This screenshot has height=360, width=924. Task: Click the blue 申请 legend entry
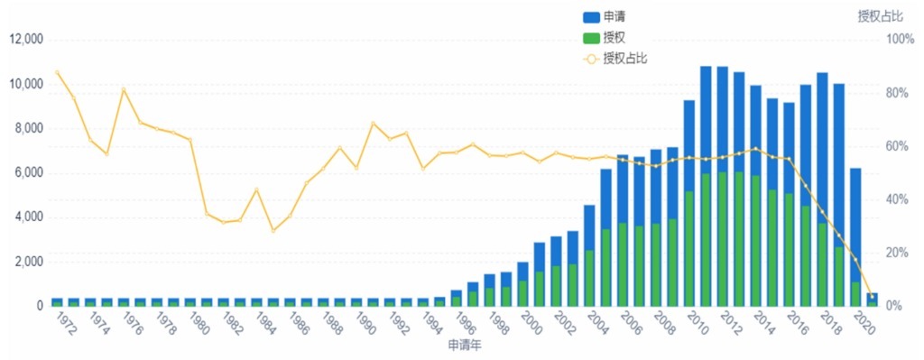(x=602, y=17)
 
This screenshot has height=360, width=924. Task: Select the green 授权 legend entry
(x=602, y=37)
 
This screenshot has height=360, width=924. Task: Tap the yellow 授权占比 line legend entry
(x=614, y=58)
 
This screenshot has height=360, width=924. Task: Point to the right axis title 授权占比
(x=879, y=15)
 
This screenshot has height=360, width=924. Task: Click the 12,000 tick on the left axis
(x=26, y=40)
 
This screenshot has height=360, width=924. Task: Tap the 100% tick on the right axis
(x=900, y=40)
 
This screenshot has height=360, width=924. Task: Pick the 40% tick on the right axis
(x=900, y=199)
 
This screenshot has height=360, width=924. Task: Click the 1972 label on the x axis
(x=63, y=322)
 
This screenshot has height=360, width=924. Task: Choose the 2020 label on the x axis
(x=861, y=322)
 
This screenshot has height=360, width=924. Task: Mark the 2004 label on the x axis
(x=595, y=322)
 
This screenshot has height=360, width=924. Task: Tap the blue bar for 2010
(x=689, y=144)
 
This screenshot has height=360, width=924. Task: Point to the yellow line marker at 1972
(x=57, y=72)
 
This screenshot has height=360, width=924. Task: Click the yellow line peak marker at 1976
(x=124, y=89)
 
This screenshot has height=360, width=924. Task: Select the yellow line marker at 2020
(x=872, y=296)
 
